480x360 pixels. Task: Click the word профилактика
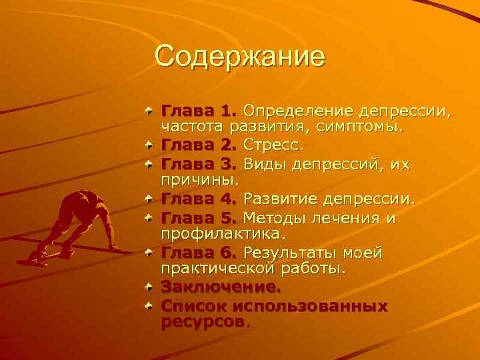pos(223,235)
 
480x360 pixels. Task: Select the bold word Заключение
pos(221,289)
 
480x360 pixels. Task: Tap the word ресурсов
pos(203,323)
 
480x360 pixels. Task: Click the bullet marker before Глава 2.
pos(151,143)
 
